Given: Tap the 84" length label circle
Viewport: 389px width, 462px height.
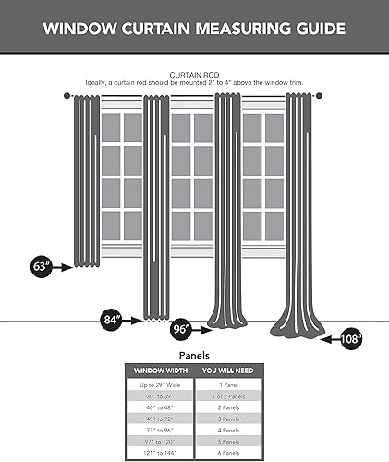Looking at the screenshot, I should pos(112,320).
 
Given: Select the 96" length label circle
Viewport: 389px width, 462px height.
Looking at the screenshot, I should pos(181,329).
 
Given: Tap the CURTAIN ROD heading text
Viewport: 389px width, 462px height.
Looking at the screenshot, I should pos(194,74).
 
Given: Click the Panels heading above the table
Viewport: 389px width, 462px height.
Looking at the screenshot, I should pos(193,354).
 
